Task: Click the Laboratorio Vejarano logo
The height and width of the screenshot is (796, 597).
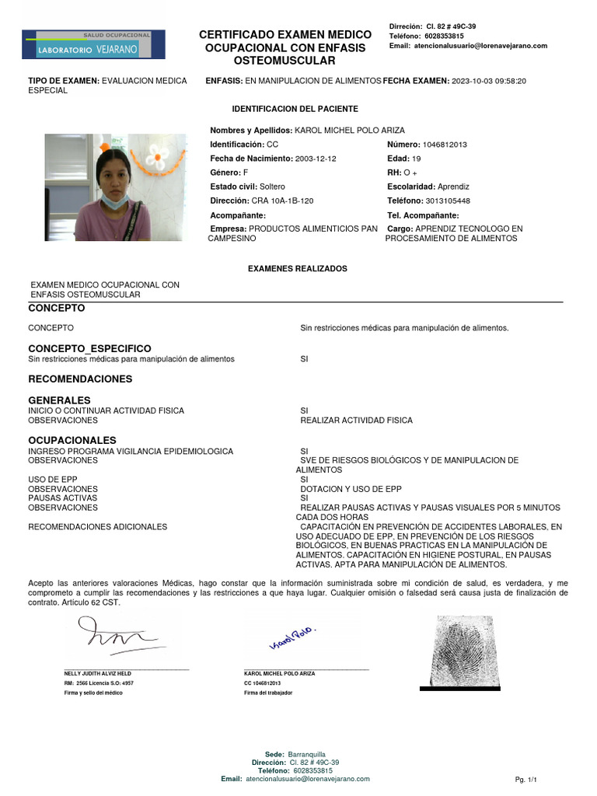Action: (x=93, y=45)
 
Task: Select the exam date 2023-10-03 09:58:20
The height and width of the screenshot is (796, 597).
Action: (x=489, y=81)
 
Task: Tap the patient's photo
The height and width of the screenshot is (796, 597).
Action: (x=115, y=187)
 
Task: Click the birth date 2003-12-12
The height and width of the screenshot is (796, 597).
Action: (x=316, y=159)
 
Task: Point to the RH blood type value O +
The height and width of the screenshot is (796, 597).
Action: (x=410, y=173)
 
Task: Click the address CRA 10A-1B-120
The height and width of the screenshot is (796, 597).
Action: (x=281, y=201)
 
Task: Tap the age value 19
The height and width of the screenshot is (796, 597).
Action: (x=416, y=159)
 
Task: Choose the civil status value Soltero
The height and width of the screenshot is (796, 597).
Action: (x=272, y=187)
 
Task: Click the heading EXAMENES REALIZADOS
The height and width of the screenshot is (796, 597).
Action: (x=297, y=268)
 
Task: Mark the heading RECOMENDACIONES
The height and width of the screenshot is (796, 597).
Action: (x=80, y=379)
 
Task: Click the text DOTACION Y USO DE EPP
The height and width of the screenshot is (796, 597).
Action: (x=351, y=489)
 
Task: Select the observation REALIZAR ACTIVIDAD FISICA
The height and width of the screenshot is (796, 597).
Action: (x=356, y=421)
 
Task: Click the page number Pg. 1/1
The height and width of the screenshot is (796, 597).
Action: (x=526, y=779)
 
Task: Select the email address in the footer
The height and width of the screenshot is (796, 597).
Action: (x=308, y=778)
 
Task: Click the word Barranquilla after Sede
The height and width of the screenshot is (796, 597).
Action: (x=306, y=755)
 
